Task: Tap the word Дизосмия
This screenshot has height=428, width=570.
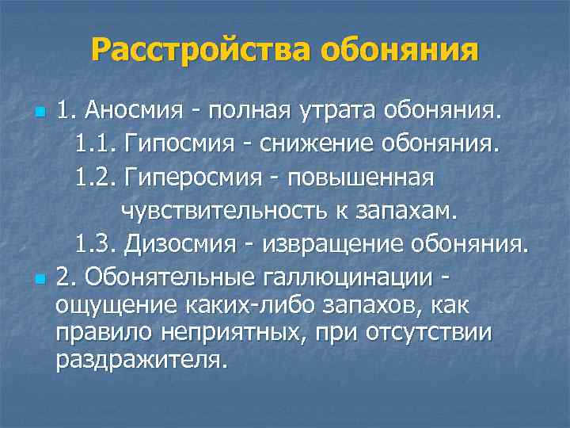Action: (x=183, y=246)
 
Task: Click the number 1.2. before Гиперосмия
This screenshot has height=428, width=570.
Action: (x=93, y=178)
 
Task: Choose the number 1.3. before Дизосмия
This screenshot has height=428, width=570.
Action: (x=93, y=246)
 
